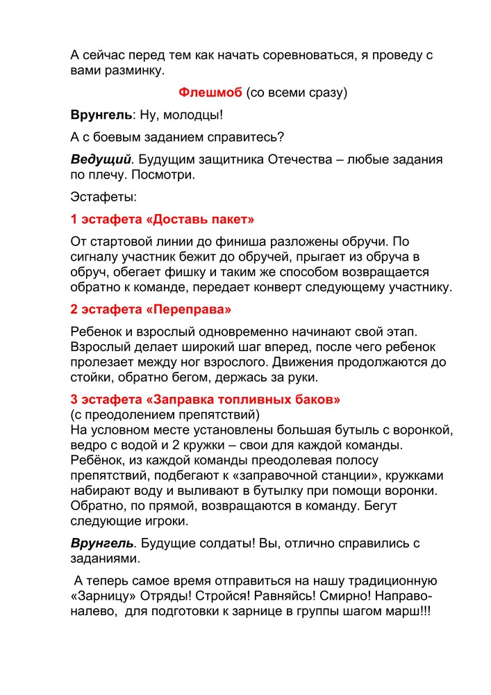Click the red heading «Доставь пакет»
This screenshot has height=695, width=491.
pos(201,220)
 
